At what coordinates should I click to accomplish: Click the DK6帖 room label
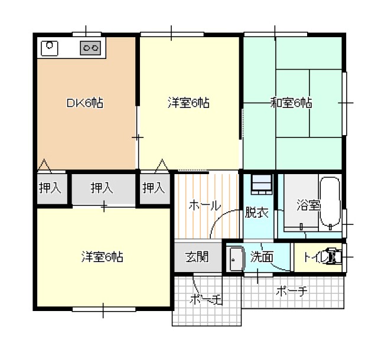pyautogui.click(x=84, y=103)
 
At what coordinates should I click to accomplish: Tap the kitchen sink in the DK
pyautogui.click(x=50, y=48)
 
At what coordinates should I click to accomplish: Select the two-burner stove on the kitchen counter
pyautogui.click(x=90, y=48)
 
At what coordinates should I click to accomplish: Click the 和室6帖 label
pyautogui.click(x=291, y=103)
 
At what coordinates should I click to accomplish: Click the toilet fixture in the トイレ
pyautogui.click(x=334, y=257)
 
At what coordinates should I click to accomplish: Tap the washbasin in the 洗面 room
pyautogui.click(x=237, y=259)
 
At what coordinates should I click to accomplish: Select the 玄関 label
pyautogui.click(x=197, y=257)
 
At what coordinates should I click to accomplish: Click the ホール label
pyautogui.click(x=205, y=205)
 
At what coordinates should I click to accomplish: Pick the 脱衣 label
pyautogui.click(x=257, y=212)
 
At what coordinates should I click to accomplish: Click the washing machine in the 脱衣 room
pyautogui.click(x=262, y=184)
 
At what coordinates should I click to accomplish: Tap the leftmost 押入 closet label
pyautogui.click(x=50, y=188)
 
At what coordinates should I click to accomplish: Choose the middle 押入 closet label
pyautogui.click(x=102, y=188)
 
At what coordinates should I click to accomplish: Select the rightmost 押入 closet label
pyautogui.click(x=154, y=188)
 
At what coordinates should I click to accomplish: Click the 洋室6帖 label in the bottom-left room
pyautogui.click(x=102, y=257)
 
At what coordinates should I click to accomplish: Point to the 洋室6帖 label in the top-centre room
pyautogui.click(x=188, y=103)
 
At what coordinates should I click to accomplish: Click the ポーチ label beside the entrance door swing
pyautogui.click(x=206, y=300)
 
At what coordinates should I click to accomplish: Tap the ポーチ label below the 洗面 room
pyautogui.click(x=292, y=291)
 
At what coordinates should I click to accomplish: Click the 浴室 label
pyautogui.click(x=308, y=205)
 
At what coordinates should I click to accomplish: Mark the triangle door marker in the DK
pyautogui.click(x=45, y=166)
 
